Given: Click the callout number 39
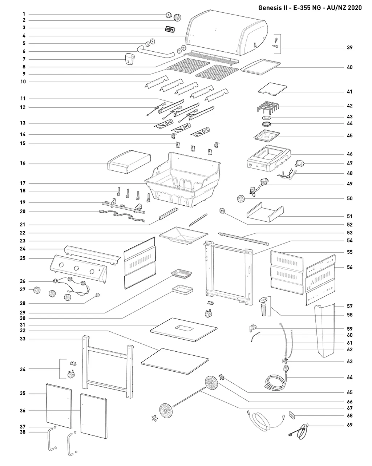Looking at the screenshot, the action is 349,47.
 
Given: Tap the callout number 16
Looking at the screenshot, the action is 23,163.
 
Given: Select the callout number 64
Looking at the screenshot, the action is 349,377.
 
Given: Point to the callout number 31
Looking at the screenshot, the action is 23,325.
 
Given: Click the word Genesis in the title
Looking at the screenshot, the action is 272,8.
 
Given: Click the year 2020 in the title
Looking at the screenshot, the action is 353,8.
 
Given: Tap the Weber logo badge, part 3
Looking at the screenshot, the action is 170,29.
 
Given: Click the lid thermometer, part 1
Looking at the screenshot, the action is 169,15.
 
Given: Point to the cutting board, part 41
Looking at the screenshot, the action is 272,88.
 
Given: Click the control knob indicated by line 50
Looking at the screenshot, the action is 241,198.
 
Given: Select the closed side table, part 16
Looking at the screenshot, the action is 129,162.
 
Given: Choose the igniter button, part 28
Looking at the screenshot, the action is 98,295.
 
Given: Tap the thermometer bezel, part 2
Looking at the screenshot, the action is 177,17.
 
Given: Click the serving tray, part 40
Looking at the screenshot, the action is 260,67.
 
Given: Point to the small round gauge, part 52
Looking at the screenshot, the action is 222,210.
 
